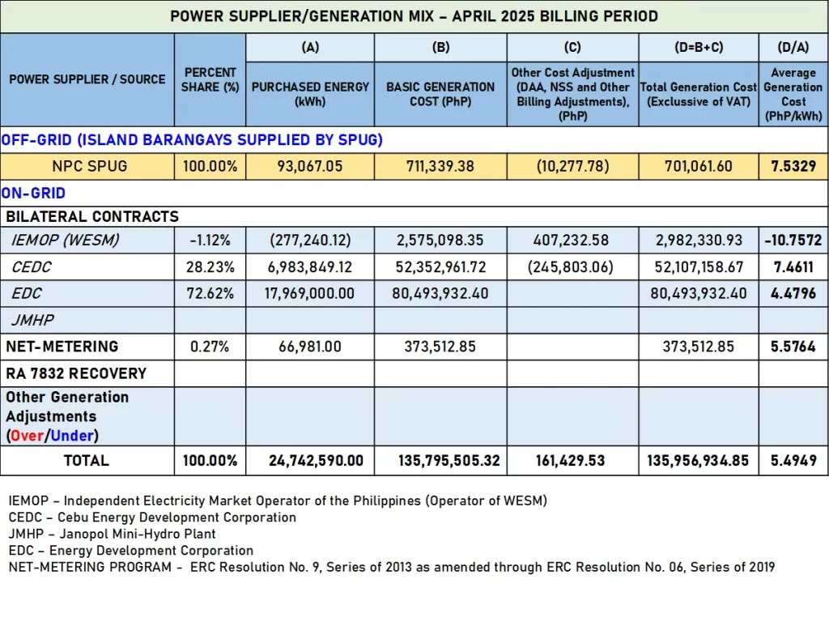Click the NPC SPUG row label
tap(89, 166)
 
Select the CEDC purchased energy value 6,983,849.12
tap(310, 267)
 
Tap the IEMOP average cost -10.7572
tap(793, 240)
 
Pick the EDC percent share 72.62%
tap(210, 293)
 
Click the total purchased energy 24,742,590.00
tap(316, 461)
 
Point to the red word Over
tap(27, 436)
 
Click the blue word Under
tap(72, 436)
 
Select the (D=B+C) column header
tap(699, 48)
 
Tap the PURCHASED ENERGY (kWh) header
tap(310, 94)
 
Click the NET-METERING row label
tap(62, 347)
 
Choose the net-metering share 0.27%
tap(210, 347)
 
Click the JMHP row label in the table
tap(32, 321)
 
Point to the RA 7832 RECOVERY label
tap(76, 374)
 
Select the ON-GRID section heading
tap(33, 193)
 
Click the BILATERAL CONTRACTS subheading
tap(92, 217)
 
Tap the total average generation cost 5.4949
tap(793, 461)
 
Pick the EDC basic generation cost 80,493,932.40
tap(440, 293)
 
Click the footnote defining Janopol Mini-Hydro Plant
tap(112, 535)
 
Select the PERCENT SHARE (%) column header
tap(210, 80)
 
